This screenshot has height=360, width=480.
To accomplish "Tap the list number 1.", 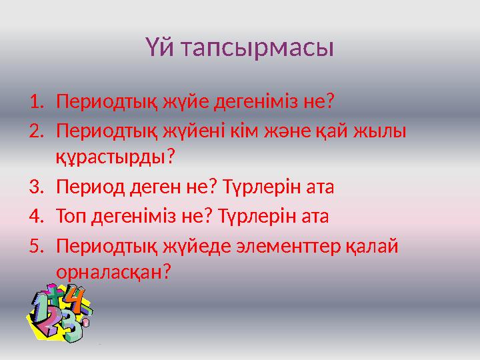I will [x=36, y=103].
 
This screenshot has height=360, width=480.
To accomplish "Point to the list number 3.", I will [x=36, y=187].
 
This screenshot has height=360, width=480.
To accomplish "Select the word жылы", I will [x=381, y=131].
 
